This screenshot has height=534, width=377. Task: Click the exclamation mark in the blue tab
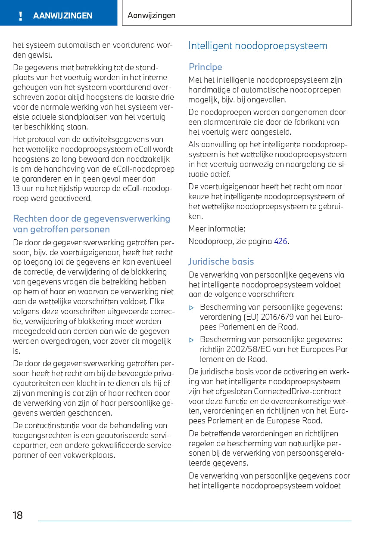click(20, 16)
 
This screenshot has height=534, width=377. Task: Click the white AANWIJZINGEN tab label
click(62, 16)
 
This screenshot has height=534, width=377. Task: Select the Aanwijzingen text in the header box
click(152, 15)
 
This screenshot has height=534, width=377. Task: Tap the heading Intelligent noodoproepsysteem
click(258, 46)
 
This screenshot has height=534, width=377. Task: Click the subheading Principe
click(205, 67)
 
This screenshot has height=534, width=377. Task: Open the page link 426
click(280, 241)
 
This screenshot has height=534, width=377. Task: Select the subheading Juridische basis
click(221, 262)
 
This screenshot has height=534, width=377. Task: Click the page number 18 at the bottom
click(18, 515)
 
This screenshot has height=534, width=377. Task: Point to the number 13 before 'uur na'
click(17, 188)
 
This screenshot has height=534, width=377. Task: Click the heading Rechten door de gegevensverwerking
click(91, 219)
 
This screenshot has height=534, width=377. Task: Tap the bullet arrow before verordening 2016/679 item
click(192, 308)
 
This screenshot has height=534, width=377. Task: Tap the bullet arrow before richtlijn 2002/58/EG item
click(192, 340)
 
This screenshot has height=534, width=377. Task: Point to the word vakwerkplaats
click(90, 455)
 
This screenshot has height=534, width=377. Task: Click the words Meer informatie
click(216, 229)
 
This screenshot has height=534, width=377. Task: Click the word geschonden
click(93, 413)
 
